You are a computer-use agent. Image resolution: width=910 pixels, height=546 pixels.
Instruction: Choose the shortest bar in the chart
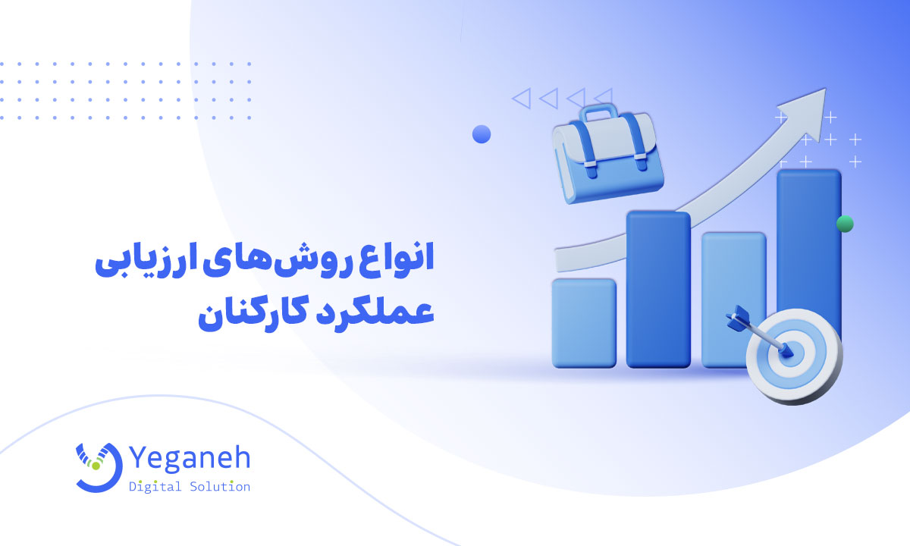pos(583,322)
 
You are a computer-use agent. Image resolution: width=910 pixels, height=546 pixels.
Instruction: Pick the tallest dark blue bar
pos(809,250)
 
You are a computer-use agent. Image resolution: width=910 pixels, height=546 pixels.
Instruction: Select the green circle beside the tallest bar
pos(845,224)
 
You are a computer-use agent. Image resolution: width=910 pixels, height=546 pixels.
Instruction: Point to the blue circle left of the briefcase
pos(482,134)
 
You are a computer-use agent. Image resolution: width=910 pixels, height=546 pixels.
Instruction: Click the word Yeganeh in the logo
pos(190,459)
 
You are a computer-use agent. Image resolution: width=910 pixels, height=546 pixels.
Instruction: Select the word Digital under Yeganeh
pos(155,487)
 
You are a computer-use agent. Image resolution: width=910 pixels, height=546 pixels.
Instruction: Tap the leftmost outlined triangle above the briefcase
pos(520,98)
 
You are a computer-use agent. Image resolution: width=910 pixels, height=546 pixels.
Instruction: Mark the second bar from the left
pos(658,288)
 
